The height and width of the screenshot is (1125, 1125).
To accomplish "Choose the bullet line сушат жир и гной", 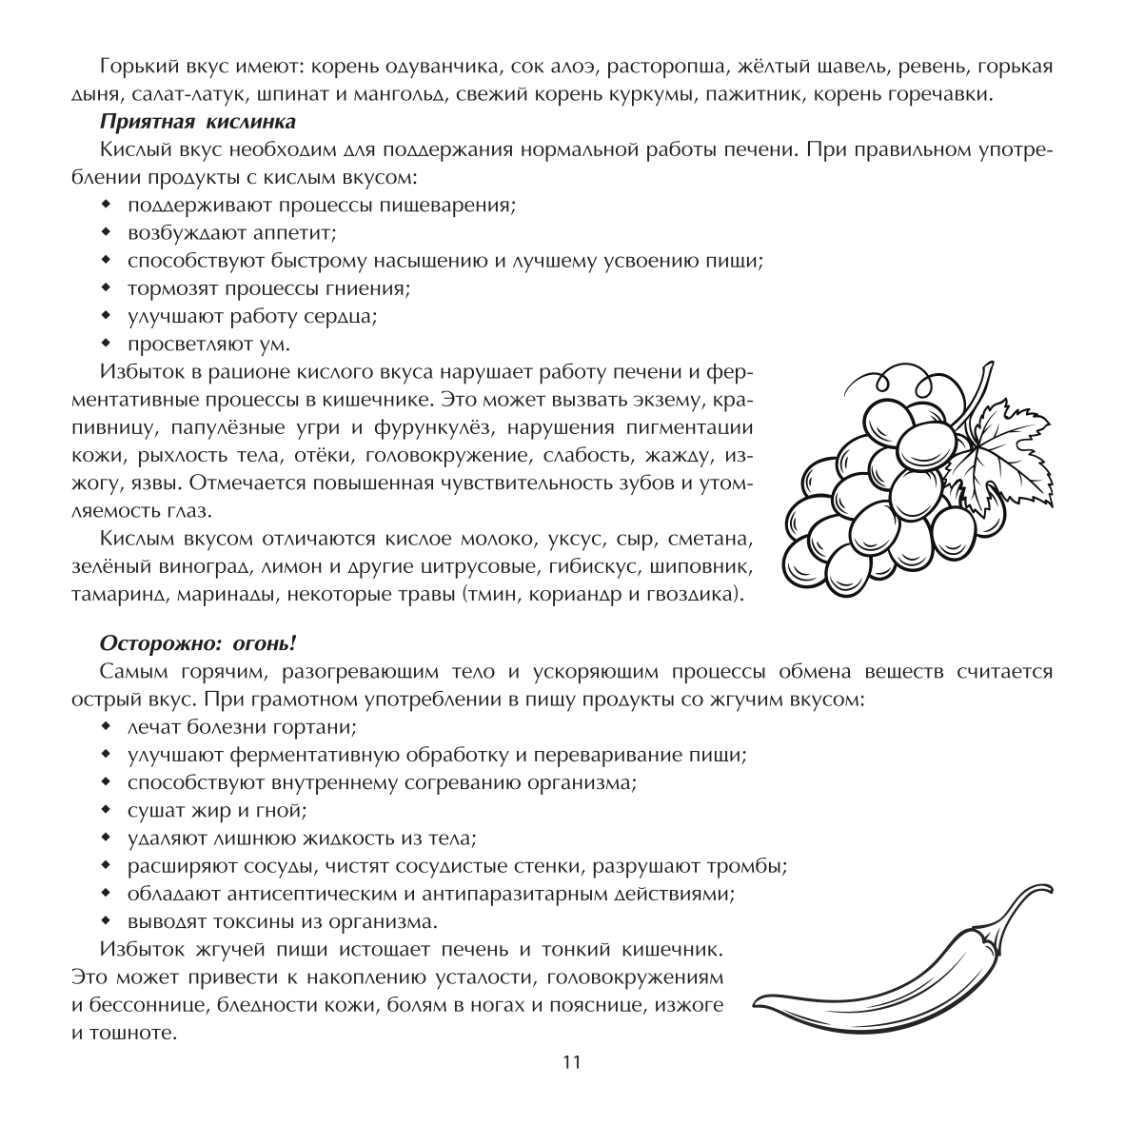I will point(217,811).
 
